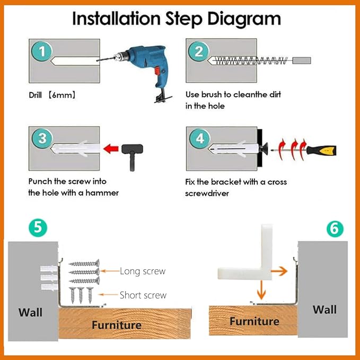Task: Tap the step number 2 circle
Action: pyautogui.click(x=199, y=51)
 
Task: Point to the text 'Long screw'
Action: pyautogui.click(x=142, y=271)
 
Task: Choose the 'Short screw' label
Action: pyautogui.click(x=143, y=295)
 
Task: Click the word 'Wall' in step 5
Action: pyautogui.click(x=30, y=312)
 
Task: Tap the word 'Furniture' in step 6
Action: pyautogui.click(x=254, y=321)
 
